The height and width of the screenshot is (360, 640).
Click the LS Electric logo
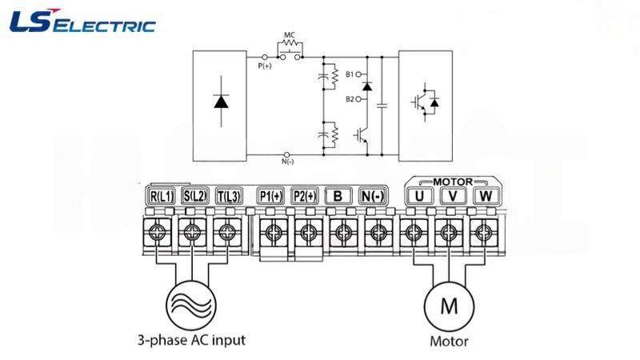pos(82,22)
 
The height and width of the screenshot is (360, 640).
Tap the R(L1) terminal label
pos(162,196)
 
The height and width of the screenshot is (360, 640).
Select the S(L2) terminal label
pos(195,196)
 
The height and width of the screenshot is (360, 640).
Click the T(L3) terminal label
pos(229,196)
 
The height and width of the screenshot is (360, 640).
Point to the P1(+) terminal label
pos(271,196)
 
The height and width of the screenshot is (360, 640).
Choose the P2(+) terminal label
pos(305,196)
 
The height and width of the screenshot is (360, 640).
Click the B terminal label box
pos(338,196)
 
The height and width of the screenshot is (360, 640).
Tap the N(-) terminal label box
pos(373,196)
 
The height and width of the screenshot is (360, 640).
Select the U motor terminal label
pos(418,196)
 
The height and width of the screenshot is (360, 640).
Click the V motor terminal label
pos(452,196)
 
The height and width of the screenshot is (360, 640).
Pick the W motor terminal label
pos(486,196)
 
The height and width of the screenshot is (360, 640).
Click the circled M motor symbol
pos(449,306)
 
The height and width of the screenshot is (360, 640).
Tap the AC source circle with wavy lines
pos(191,305)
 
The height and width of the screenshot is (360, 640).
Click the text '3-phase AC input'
pos(191,340)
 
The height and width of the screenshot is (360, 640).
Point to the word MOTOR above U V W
pos(453,182)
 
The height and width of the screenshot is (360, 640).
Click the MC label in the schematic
pos(290,35)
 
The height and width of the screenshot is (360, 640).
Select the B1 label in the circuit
pos(350,74)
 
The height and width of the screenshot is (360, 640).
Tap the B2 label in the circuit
pos(350,98)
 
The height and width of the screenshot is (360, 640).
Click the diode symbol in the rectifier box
pos(222,102)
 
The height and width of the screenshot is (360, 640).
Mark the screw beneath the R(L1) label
pos(157,233)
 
